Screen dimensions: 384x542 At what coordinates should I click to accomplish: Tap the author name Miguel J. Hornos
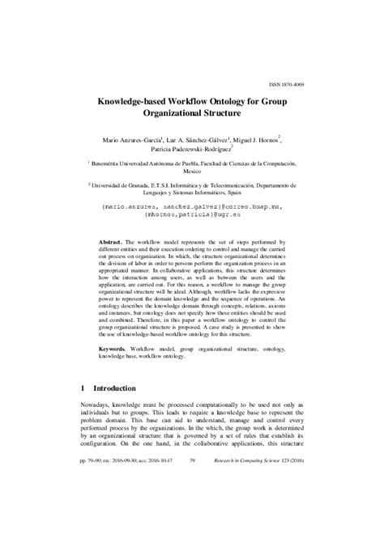[x=256, y=139]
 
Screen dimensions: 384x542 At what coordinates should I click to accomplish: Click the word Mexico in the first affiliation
[x=192, y=172]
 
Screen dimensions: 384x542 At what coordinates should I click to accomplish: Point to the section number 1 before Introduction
[x=83, y=410]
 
